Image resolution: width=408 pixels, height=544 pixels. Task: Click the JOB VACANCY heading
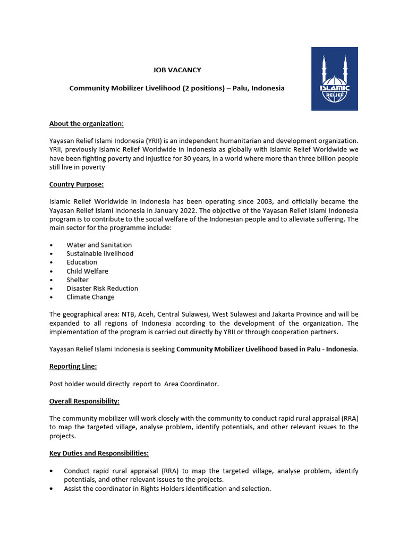177,70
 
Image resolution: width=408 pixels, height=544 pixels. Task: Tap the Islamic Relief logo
334,79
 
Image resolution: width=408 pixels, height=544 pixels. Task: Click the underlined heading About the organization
86,124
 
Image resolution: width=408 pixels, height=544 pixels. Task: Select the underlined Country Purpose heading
76,184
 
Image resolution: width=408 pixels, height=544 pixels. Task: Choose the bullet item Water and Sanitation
99,245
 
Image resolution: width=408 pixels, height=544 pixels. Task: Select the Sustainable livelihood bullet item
100,253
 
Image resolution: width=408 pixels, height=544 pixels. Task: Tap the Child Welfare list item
87,271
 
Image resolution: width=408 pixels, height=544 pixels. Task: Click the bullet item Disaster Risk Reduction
102,288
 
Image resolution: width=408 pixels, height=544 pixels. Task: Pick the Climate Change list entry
90,297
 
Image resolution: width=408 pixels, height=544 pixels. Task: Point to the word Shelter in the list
78,279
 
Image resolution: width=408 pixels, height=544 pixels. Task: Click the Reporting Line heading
73,367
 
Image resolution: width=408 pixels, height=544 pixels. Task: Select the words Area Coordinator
191,384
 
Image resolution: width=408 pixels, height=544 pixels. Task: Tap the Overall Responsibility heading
84,401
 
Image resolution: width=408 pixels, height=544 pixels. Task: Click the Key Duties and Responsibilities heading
99,454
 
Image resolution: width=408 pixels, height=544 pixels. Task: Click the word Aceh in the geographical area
146,314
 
